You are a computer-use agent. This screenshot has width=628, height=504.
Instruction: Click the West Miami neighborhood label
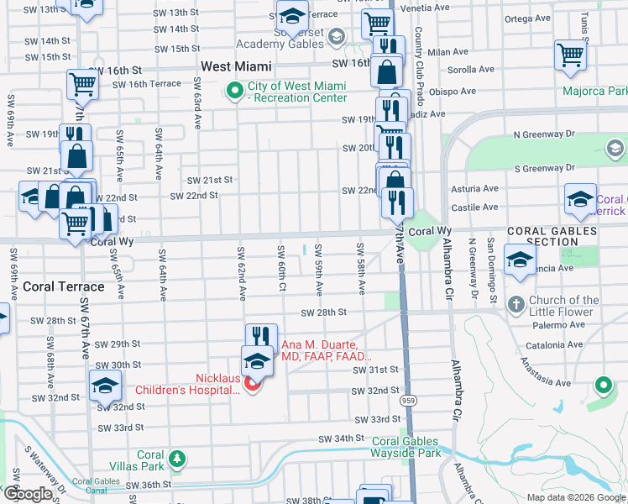(236, 66)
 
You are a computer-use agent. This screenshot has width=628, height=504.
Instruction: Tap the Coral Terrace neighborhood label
(64, 286)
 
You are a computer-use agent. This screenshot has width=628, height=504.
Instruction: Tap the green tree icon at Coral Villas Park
(176, 459)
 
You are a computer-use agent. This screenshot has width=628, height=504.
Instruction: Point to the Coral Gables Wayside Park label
(406, 447)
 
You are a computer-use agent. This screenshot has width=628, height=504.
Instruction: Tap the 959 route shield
(407, 402)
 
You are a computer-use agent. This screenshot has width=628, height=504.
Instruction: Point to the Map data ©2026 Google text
(575, 497)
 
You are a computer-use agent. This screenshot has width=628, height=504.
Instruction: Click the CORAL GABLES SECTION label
(542, 236)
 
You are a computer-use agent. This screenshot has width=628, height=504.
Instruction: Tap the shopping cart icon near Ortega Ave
(570, 55)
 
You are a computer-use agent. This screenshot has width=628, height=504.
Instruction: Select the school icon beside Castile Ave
(580, 199)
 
